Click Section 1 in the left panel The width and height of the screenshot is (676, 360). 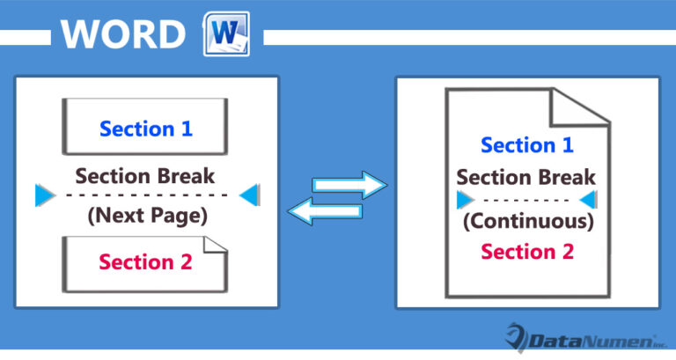click(x=146, y=129)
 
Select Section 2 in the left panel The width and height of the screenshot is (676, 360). click(x=145, y=261)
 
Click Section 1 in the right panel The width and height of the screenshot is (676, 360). click(x=526, y=145)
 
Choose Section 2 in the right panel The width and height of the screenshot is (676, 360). click(x=526, y=251)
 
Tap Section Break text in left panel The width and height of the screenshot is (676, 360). click(x=145, y=174)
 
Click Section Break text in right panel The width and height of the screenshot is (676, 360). click(x=526, y=177)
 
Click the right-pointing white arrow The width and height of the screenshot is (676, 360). click(x=350, y=185)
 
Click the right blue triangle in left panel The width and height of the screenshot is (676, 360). click(x=249, y=195)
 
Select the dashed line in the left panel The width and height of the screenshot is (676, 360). click(x=146, y=195)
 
